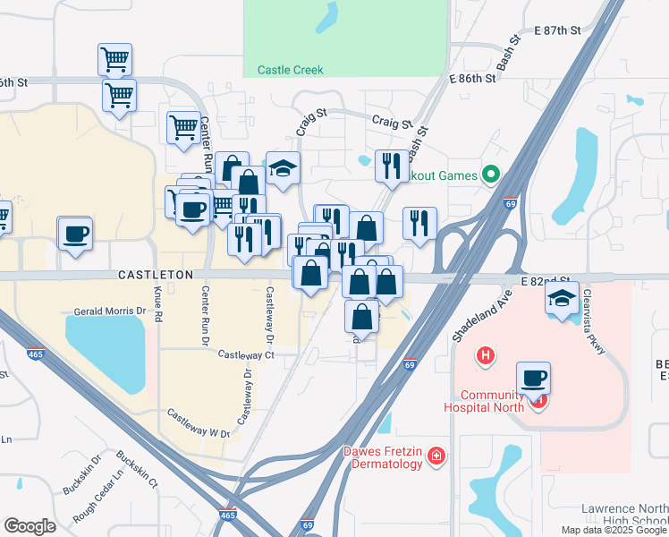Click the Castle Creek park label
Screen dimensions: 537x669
pos(290,70)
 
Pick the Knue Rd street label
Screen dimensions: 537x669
pos(157,304)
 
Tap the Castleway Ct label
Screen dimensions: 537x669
pos(244,355)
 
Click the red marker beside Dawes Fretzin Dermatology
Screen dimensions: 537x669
pos(436,456)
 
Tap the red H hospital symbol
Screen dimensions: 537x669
pos(486,356)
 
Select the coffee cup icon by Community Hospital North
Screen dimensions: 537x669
pos(533,378)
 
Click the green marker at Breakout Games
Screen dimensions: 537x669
pos(490,175)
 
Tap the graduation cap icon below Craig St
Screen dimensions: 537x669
pos(283,168)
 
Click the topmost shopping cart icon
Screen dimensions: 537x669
pos(114,59)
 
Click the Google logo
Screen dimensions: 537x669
pos(30,526)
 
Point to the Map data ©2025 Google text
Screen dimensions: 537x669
pos(613,530)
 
